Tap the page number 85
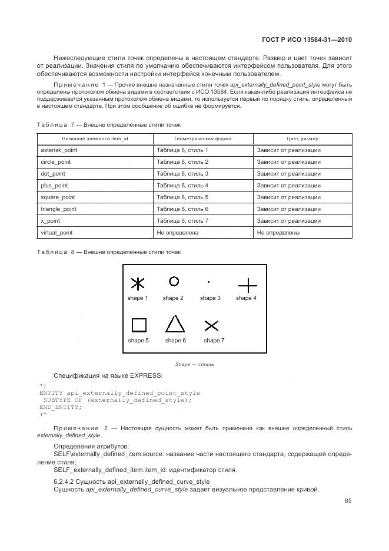pyautogui.click(x=348, y=501)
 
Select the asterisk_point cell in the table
pyautogui.click(x=59, y=150)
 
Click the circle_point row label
pyautogui.click(x=55, y=162)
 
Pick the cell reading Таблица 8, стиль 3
pyautogui.click(x=182, y=174)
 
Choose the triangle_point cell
pyautogui.click(x=58, y=209)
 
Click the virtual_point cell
pyautogui.click(x=56, y=233)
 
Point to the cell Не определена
pyautogui.click(x=177, y=233)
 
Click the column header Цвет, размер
pyautogui.click(x=302, y=138)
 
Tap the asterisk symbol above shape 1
pyautogui.click(x=137, y=284)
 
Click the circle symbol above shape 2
pyautogui.click(x=174, y=281)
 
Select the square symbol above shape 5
pyautogui.click(x=138, y=325)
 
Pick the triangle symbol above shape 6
pyautogui.click(x=174, y=324)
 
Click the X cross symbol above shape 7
pyautogui.click(x=211, y=326)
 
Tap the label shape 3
pyautogui.click(x=210, y=298)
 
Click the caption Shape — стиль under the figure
pyautogui.click(x=194, y=364)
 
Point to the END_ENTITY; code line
pyautogui.click(x=61, y=407)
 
